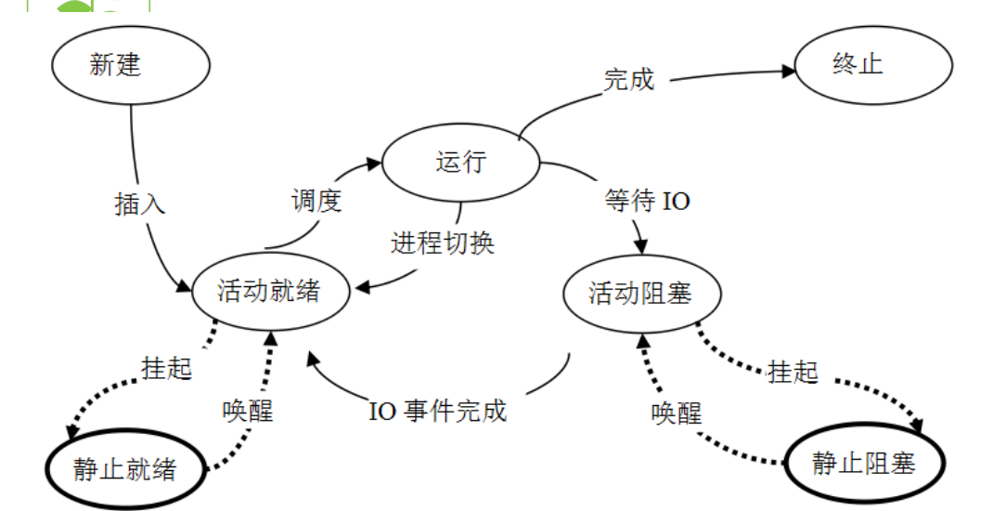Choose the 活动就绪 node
269,291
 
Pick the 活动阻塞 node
640,293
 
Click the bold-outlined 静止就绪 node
125,469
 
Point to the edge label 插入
140,204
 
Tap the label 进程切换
443,243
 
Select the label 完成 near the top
629,80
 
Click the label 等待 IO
648,202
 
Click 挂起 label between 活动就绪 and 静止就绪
167,368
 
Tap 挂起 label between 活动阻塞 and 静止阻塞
794,372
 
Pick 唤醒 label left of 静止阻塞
676,413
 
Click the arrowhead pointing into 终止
790,70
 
